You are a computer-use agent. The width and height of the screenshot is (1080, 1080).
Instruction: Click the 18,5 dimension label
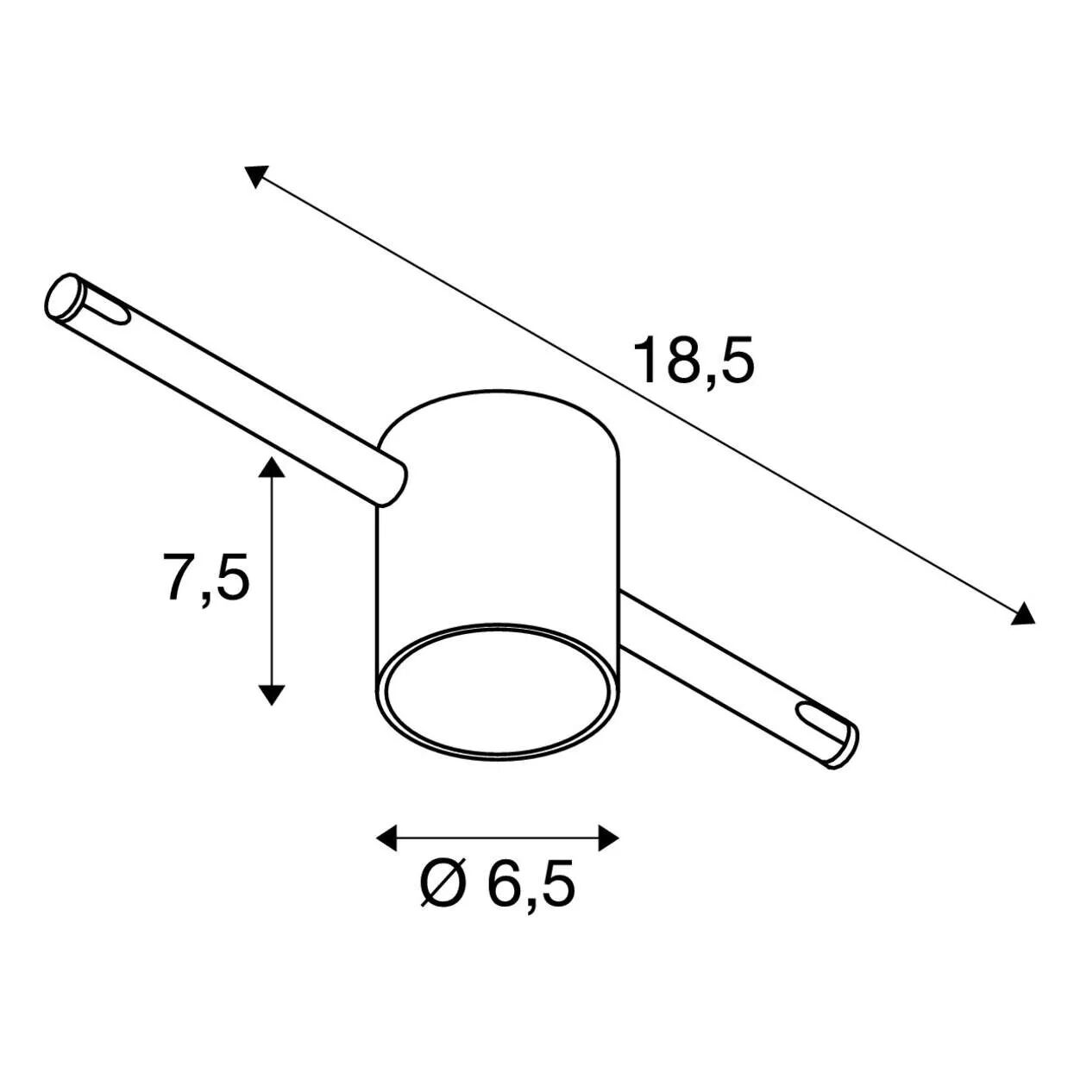coord(694,361)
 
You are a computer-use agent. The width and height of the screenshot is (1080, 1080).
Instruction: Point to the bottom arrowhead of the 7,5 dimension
coord(271,694)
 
